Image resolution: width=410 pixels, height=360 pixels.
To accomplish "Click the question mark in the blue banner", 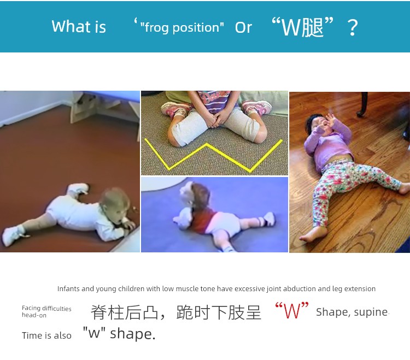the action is (x=353, y=27).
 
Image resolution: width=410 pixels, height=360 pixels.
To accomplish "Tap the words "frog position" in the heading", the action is (x=182, y=28).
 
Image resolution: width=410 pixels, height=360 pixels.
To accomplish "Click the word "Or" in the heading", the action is (x=243, y=27).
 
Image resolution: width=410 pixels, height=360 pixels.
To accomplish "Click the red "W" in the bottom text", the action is (x=292, y=311).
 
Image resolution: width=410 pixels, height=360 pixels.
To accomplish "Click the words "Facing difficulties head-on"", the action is (x=46, y=311).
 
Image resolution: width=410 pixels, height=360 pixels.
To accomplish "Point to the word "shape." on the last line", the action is (x=133, y=334).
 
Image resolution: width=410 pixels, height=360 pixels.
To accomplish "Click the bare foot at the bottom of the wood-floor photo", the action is (x=313, y=234).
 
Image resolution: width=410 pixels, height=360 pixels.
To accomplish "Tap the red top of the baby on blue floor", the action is (x=203, y=220).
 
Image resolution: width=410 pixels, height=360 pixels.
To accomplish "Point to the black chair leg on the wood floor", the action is (x=363, y=104).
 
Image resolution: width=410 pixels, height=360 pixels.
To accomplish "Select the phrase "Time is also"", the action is (x=46, y=335).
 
